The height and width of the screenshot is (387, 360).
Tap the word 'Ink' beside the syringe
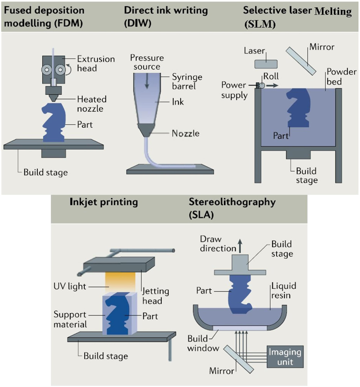click(177, 102)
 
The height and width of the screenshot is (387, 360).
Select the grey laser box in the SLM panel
click(266, 64)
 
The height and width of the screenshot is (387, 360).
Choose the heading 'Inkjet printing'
click(104, 202)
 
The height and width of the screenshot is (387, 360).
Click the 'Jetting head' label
click(156, 296)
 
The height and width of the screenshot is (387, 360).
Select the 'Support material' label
click(70, 319)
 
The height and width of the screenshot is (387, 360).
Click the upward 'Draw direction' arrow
click(238, 246)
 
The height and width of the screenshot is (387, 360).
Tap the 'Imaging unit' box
click(284, 357)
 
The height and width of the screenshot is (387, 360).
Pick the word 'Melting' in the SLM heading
click(333, 12)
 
